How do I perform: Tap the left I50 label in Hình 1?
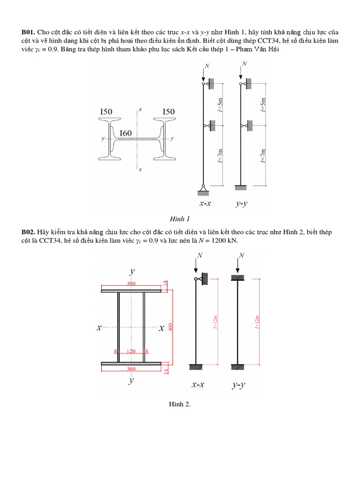point(106,112)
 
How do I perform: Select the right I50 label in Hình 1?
point(168,112)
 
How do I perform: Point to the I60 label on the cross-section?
point(126,133)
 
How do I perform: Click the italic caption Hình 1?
point(180,219)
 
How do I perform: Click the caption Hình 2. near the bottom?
point(180,404)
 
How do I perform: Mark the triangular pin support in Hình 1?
point(203,188)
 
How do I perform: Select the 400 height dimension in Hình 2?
point(171,326)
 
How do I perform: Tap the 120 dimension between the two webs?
point(131,351)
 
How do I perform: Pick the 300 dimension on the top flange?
point(131,284)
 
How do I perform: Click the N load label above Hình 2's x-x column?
point(200,255)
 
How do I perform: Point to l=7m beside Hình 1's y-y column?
point(263,155)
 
